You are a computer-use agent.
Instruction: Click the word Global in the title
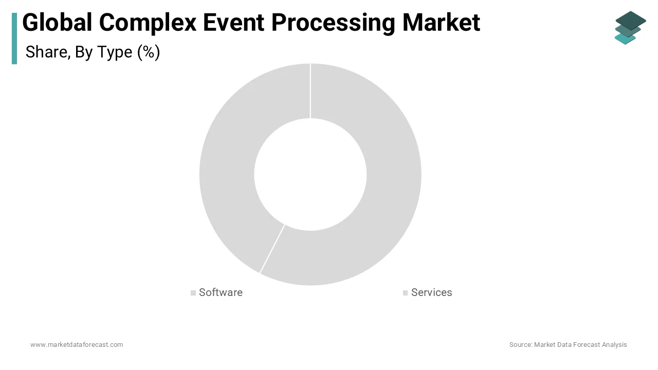point(57,23)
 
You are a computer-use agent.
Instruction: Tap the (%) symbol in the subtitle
point(149,52)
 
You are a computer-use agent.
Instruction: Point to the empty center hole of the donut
point(310,174)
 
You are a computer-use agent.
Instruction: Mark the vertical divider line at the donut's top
point(310,90)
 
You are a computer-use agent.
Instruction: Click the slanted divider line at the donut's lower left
point(272,249)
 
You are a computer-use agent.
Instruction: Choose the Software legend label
point(221,292)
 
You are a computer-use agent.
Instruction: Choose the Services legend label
point(431,292)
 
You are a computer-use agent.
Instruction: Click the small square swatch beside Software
point(193,293)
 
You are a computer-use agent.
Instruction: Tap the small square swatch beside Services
point(406,293)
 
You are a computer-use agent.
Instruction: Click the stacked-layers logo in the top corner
point(630,28)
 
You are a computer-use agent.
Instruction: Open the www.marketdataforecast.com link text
point(77,345)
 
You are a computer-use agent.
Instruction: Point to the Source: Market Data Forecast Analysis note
point(568,345)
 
